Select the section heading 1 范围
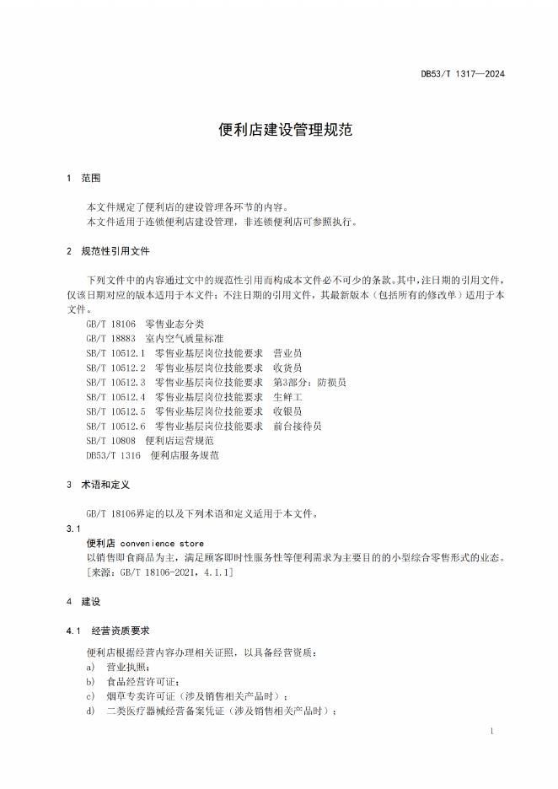83,179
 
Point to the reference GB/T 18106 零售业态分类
145,325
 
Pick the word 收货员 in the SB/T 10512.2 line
287,368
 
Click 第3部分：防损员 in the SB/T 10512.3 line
309,383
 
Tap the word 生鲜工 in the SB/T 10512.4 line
287,397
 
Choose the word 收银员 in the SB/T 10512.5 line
287,411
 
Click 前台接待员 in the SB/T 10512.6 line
298,427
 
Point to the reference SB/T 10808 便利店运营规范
150,441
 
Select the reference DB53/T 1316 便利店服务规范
153,455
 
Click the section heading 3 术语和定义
97,486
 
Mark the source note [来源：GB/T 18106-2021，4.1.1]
160,572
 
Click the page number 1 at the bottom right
491,732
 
